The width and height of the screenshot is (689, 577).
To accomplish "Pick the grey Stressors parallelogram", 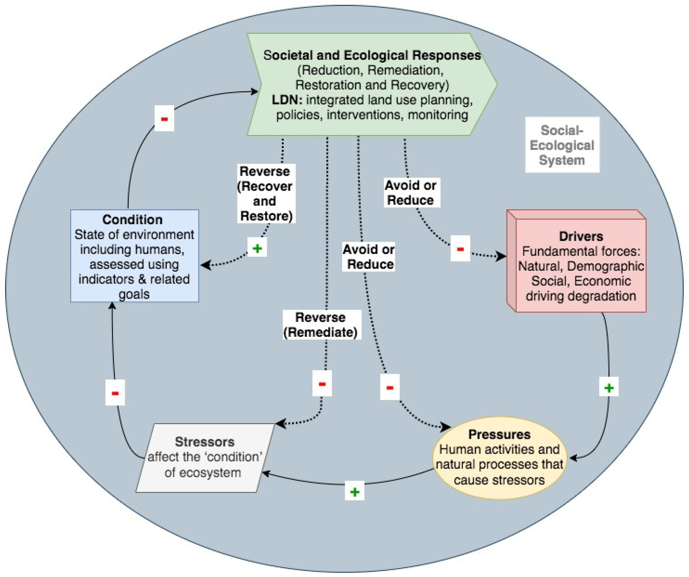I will click(204, 458).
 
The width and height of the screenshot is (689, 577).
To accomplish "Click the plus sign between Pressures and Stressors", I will click(354, 492).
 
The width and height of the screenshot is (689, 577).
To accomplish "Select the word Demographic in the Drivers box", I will click(605, 266).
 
